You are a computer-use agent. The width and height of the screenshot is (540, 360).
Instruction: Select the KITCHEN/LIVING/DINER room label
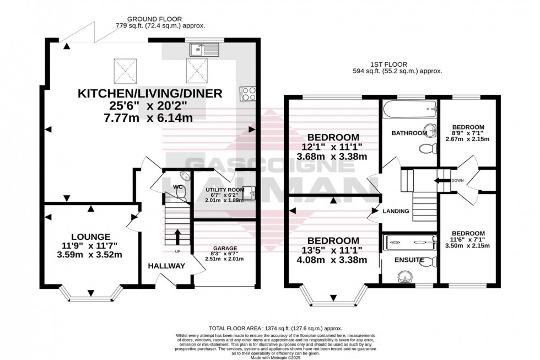coord(150,94)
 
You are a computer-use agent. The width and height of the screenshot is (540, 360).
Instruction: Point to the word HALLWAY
coord(166,266)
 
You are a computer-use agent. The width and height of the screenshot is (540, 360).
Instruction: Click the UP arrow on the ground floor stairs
coord(177,238)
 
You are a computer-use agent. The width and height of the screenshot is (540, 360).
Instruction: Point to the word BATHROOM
coord(409,133)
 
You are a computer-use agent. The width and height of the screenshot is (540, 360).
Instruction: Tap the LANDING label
coord(396,211)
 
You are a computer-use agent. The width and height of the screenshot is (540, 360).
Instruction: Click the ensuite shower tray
coord(409,240)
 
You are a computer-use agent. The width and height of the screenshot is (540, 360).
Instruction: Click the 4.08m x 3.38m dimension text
coord(333,261)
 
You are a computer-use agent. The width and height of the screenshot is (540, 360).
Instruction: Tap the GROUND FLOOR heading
coord(151,17)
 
